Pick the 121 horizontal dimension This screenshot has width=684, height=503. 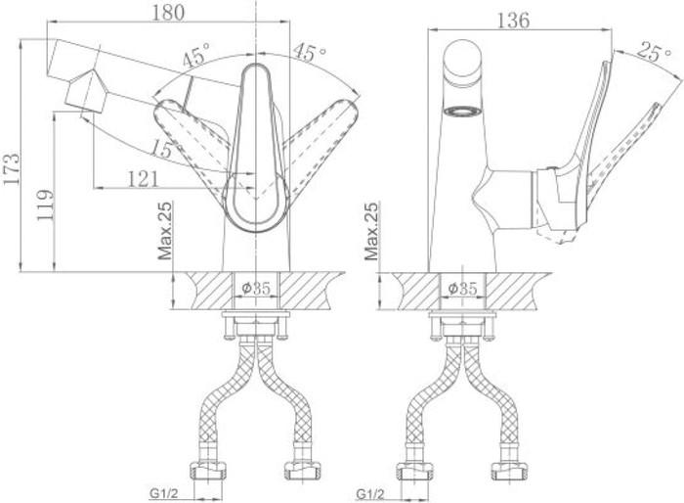[x=145, y=177]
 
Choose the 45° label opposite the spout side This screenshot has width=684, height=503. [x=310, y=54]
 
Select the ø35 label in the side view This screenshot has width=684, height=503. [x=462, y=288]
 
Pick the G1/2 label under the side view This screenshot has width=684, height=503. [x=371, y=492]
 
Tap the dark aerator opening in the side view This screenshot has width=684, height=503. [x=462, y=111]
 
